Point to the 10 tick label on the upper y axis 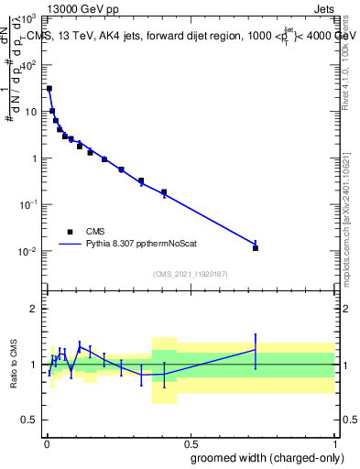point(32,112)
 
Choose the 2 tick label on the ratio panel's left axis point(36,309)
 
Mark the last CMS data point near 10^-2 point(256,247)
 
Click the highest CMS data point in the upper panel point(49,89)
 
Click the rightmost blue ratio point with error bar point(256,349)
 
